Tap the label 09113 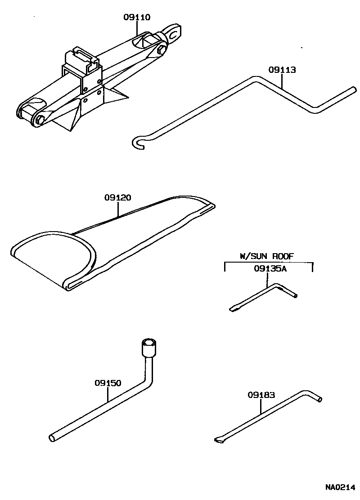tap(282, 70)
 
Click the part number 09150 tap(108, 383)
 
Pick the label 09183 tap(261, 395)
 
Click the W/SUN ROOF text tap(266, 256)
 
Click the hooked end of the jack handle tap(138, 143)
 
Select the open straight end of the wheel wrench tap(52, 437)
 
